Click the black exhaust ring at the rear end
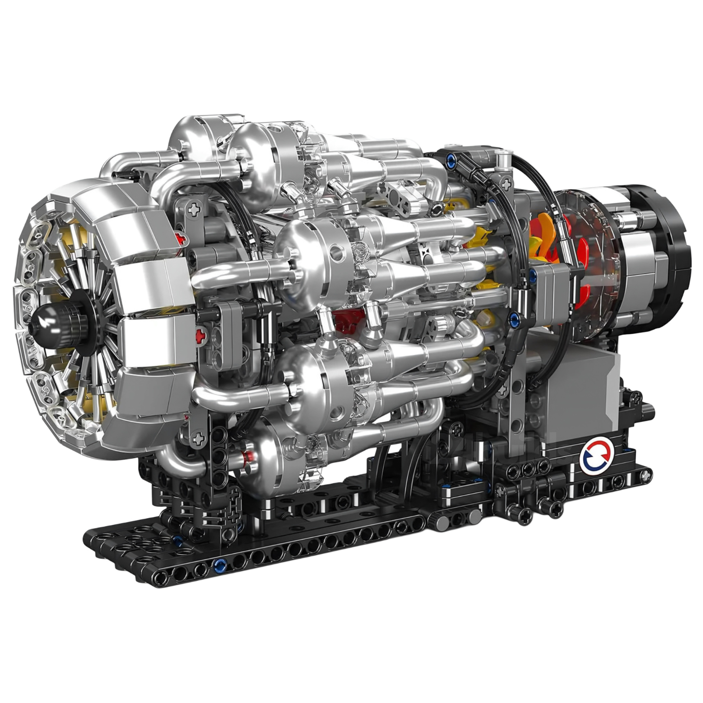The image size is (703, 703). tap(668, 243)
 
